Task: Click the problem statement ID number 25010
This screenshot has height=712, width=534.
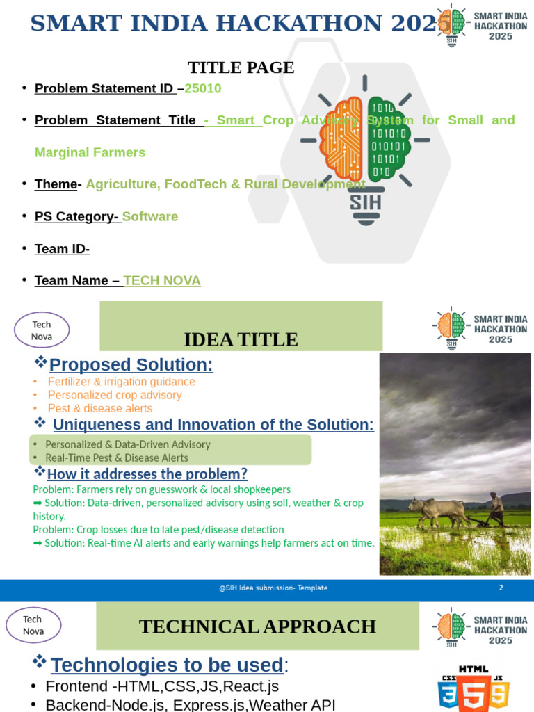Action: click(202, 88)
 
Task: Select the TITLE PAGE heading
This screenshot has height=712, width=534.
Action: click(241, 67)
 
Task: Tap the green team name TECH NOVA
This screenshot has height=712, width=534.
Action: click(162, 280)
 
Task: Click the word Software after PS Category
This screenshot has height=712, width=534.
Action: click(150, 216)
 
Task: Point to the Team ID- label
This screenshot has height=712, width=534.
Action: click(62, 248)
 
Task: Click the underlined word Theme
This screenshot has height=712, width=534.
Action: click(56, 184)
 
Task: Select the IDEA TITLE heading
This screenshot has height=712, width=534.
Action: click(241, 339)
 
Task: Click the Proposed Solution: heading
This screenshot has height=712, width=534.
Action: click(131, 364)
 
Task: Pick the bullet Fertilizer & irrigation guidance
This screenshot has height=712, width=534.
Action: click(121, 382)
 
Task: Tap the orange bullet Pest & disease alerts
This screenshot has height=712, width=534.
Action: click(99, 408)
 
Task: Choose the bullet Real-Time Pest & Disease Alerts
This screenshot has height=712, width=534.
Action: click(116, 458)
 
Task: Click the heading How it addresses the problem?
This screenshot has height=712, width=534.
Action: click(147, 474)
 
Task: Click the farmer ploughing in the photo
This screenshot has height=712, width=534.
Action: click(496, 508)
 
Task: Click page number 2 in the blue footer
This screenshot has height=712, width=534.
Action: click(501, 588)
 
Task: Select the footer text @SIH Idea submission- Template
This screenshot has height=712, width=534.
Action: click(273, 588)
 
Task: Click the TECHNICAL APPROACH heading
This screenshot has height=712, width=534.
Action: click(257, 626)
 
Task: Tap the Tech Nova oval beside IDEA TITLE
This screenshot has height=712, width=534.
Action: click(42, 330)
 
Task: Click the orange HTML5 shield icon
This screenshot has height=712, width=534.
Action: click(473, 692)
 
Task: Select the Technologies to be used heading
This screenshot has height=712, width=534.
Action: click(167, 665)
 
